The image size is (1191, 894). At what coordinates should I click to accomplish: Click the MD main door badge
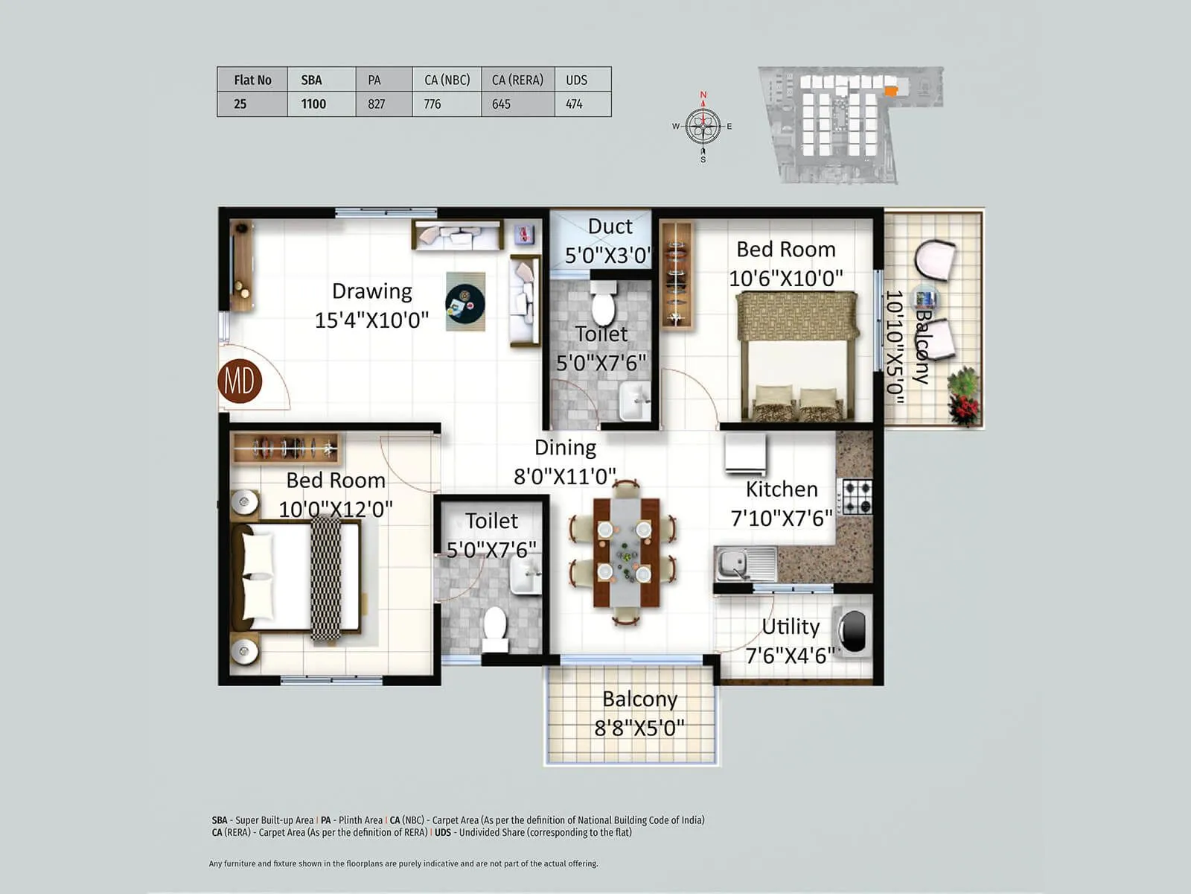240,381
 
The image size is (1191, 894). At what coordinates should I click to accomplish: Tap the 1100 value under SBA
313,104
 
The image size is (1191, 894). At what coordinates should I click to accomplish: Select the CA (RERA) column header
517,80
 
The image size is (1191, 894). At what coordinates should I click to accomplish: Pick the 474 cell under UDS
574,104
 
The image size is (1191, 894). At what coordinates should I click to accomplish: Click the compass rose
703,126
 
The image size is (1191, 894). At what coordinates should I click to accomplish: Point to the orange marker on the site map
891,90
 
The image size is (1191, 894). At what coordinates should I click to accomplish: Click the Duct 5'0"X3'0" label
608,240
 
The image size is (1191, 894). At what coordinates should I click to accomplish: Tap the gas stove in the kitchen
857,497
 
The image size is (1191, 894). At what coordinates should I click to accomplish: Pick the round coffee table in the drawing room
465,302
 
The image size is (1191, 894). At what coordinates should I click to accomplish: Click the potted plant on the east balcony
964,396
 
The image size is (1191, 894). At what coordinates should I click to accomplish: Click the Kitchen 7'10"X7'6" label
782,503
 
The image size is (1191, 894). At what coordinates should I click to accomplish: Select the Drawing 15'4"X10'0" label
371,305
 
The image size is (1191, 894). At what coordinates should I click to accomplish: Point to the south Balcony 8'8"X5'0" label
639,713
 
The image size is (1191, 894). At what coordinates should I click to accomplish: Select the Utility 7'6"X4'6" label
791,641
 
